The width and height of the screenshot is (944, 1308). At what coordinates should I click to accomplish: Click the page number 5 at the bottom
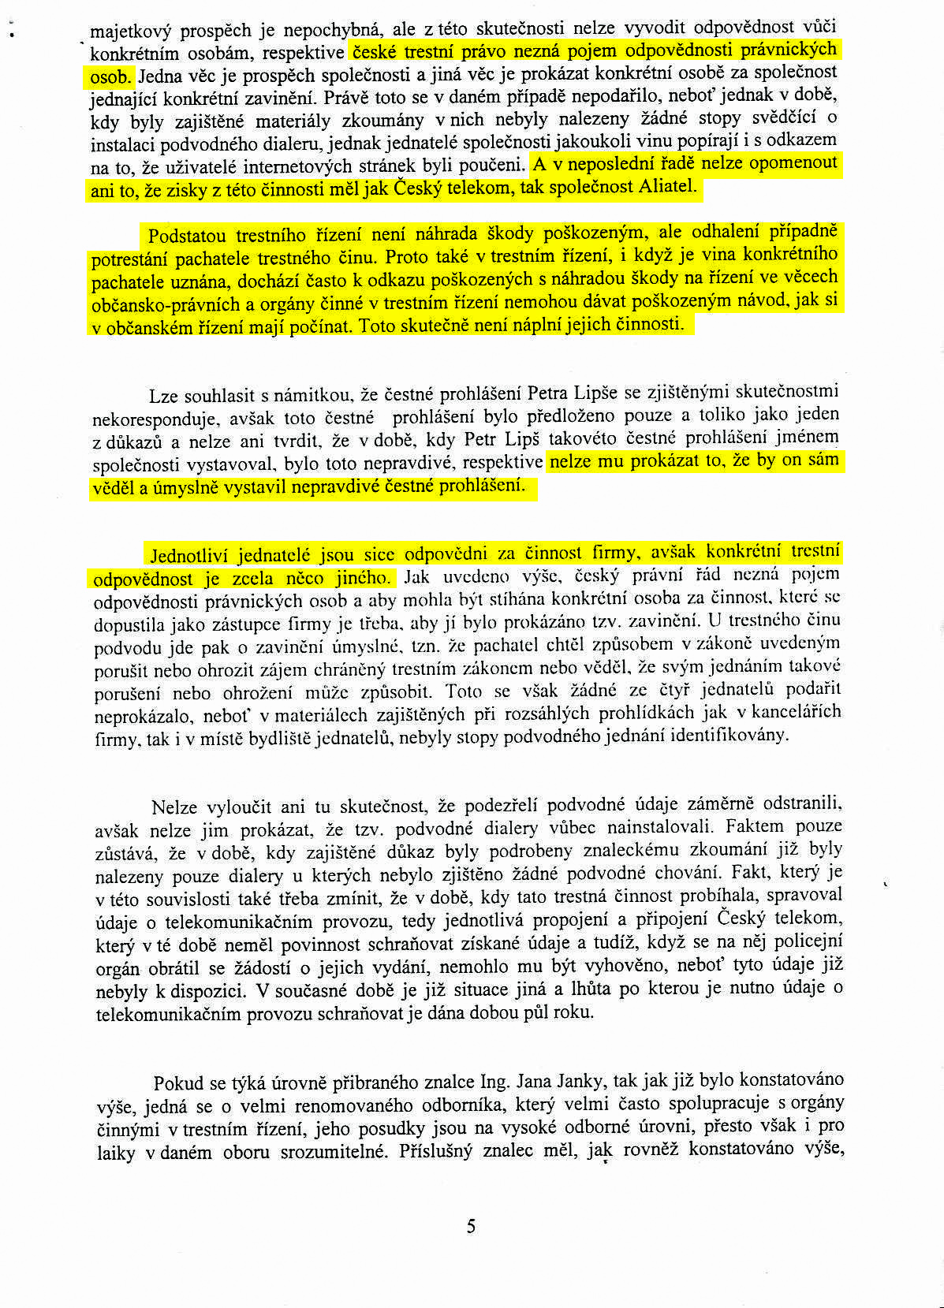[471, 1226]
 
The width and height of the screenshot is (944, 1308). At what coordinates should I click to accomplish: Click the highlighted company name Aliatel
[669, 187]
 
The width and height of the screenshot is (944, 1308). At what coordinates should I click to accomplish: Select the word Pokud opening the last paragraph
[175, 1083]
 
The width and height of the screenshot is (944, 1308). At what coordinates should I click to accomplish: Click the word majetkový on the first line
[130, 32]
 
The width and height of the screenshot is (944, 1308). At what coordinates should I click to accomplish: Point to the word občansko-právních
[158, 303]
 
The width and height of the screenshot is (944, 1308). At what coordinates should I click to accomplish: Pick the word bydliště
[280, 738]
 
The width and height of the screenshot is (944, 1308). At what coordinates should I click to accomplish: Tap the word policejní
[807, 941]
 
